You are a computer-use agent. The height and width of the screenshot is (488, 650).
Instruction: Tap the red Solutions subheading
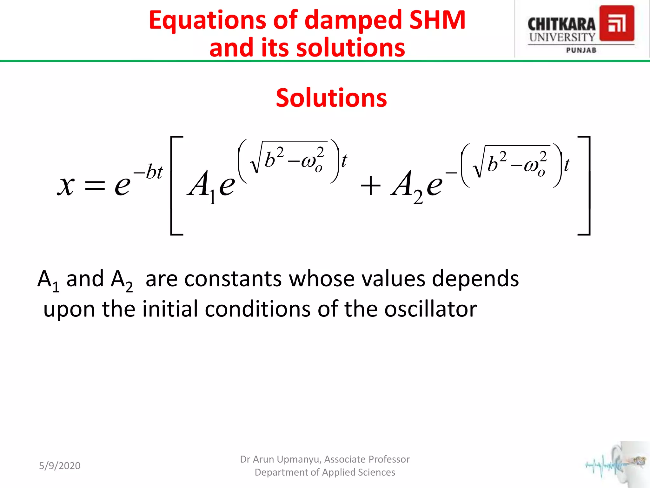pyautogui.click(x=331, y=98)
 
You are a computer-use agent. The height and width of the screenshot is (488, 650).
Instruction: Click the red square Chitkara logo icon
pyautogui.click(x=617, y=24)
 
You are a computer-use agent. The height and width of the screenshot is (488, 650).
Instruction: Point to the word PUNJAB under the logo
pyautogui.click(x=581, y=50)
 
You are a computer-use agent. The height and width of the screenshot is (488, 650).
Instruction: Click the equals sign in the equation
pyautogui.click(x=95, y=186)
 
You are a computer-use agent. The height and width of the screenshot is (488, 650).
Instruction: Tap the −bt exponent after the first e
pyautogui.click(x=148, y=172)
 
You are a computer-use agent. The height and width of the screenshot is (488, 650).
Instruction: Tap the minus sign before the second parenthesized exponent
pyautogui.click(x=451, y=173)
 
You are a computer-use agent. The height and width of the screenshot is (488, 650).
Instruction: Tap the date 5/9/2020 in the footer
pyautogui.click(x=60, y=466)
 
